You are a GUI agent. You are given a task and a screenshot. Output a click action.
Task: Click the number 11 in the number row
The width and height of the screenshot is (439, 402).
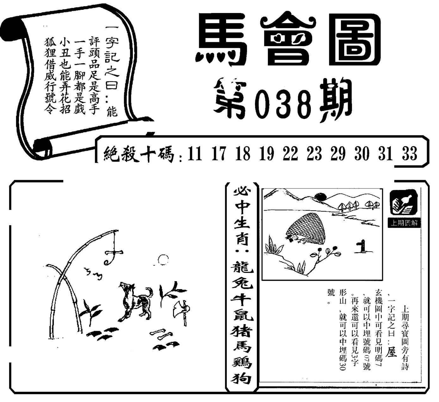pyautogui.click(x=195, y=154)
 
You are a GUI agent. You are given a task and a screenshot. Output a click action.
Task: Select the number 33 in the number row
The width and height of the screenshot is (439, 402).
pyautogui.click(x=410, y=154)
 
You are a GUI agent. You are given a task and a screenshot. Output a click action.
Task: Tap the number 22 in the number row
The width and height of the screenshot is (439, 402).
pyautogui.click(x=290, y=154)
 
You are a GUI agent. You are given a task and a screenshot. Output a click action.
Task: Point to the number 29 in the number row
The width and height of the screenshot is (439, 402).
pyautogui.click(x=338, y=154)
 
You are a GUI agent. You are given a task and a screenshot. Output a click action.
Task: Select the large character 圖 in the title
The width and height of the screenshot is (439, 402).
pyautogui.click(x=355, y=40)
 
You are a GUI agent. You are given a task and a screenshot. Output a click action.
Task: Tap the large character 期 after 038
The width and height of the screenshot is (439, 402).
pyautogui.click(x=335, y=101)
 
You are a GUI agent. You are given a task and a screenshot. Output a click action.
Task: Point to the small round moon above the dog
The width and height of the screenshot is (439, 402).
pyautogui.click(x=163, y=260)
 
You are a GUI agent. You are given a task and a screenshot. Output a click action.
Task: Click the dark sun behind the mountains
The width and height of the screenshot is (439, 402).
pyautogui.click(x=320, y=196)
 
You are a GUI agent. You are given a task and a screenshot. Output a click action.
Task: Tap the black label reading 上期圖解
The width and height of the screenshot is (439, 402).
pyautogui.click(x=404, y=223)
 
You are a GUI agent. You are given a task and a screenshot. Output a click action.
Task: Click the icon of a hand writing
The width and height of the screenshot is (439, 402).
pyautogui.click(x=404, y=203)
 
